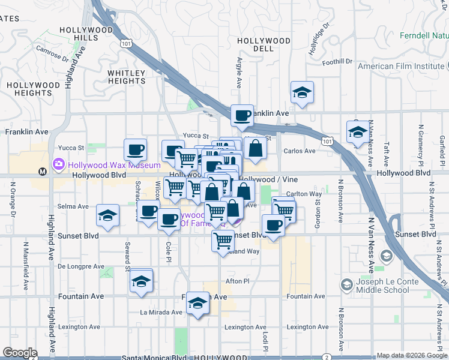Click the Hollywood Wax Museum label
[x=114, y=165]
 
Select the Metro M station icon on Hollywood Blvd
[x=42, y=172]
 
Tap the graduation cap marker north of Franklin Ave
[x=302, y=92]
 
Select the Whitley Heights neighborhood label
[x=127, y=77]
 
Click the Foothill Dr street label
[x=337, y=61]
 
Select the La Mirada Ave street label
[x=161, y=312]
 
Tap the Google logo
[x=20, y=353]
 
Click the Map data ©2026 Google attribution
[x=412, y=355]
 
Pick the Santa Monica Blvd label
[x=154, y=357]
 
